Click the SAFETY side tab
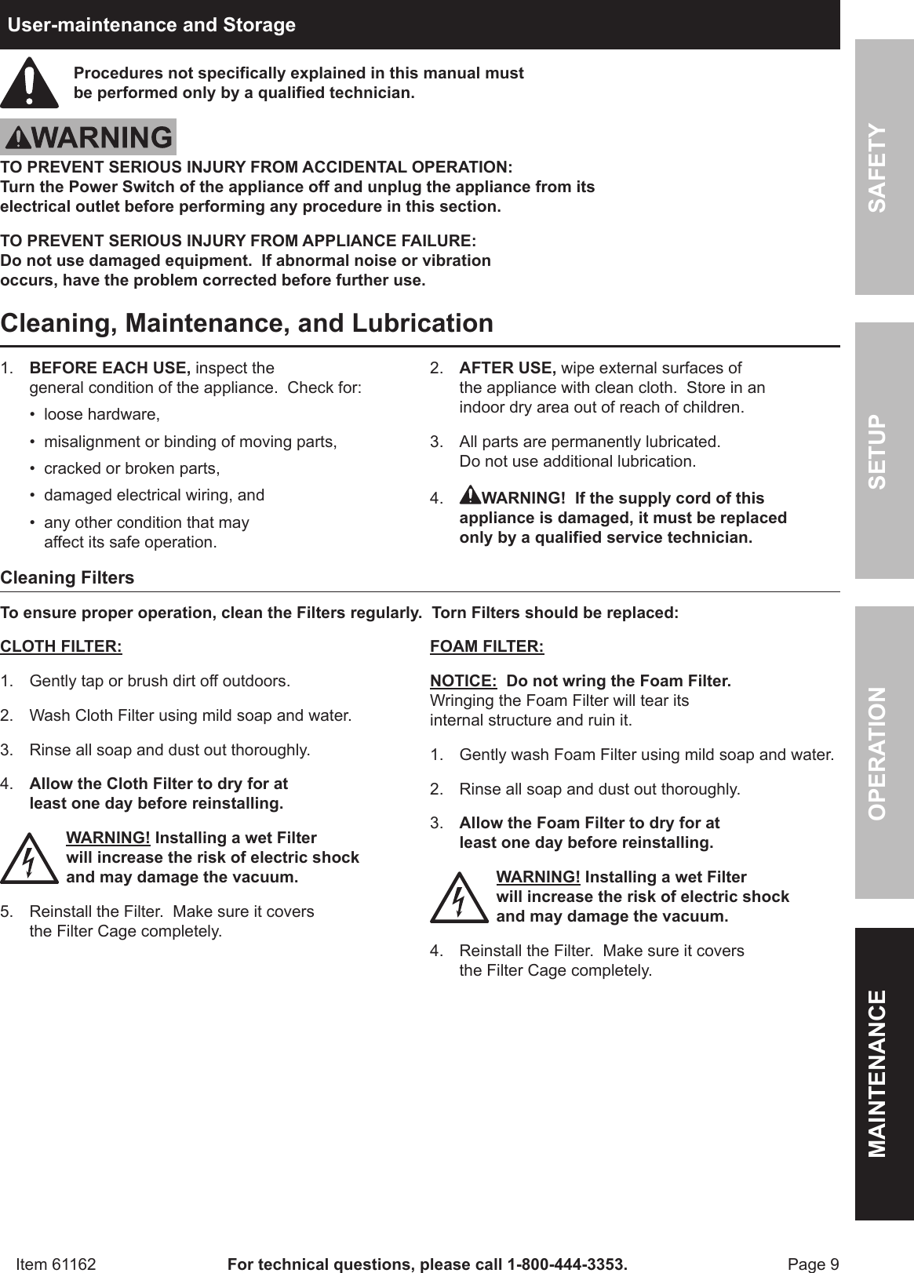tap(884, 167)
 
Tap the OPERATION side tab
tap(884, 753)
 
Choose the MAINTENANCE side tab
tap(884, 1073)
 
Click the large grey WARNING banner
tap(88, 138)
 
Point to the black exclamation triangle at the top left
tap(29, 83)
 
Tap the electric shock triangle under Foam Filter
tap(459, 897)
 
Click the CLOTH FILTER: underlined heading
tap(61, 647)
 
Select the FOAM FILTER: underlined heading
tap(486, 647)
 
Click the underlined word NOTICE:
tap(463, 681)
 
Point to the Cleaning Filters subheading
tap(67, 578)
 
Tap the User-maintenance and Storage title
tap(151, 25)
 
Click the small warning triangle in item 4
tap(469, 496)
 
